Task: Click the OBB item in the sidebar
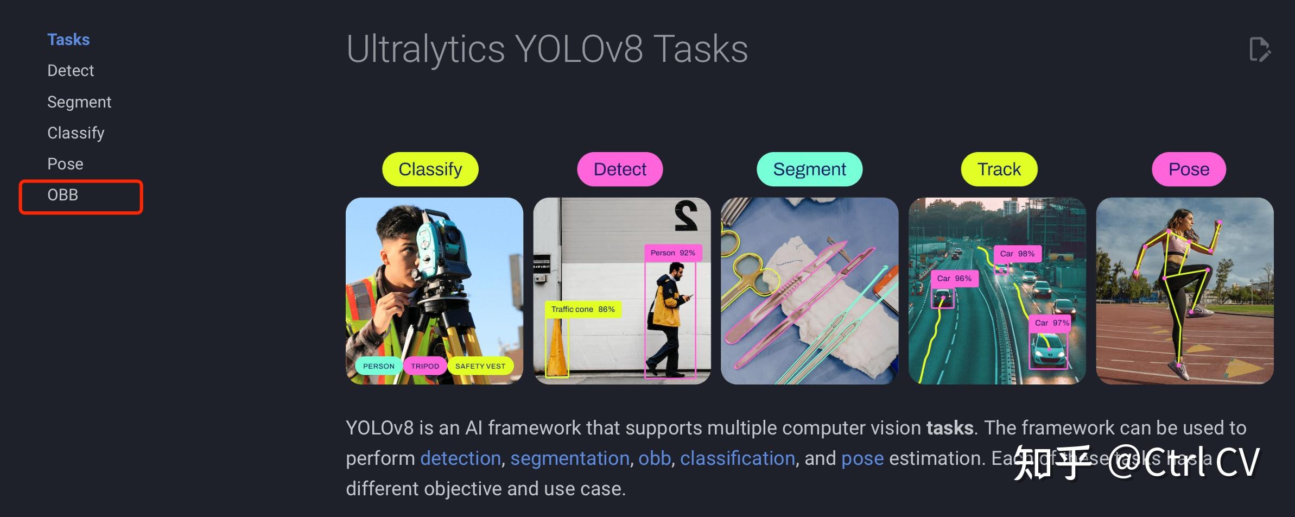pos(63,196)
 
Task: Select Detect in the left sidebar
pos(71,71)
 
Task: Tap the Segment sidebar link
pos(79,102)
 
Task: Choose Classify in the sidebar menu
pos(76,133)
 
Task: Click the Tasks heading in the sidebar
pos(68,40)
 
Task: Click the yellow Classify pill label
pos(430,169)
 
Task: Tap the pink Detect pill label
pos(620,169)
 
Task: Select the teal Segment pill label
pos(809,169)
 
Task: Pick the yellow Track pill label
pos(999,169)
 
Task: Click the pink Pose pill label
pos(1189,169)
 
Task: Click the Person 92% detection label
pos(673,253)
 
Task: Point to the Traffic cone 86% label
pos(583,310)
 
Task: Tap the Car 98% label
pos(1017,254)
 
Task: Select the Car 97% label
pos(1051,323)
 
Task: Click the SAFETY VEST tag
pos(480,367)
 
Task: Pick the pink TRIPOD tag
pos(425,367)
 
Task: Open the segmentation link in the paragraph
pos(569,459)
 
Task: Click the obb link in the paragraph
pos(655,459)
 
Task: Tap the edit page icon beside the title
pos(1259,50)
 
